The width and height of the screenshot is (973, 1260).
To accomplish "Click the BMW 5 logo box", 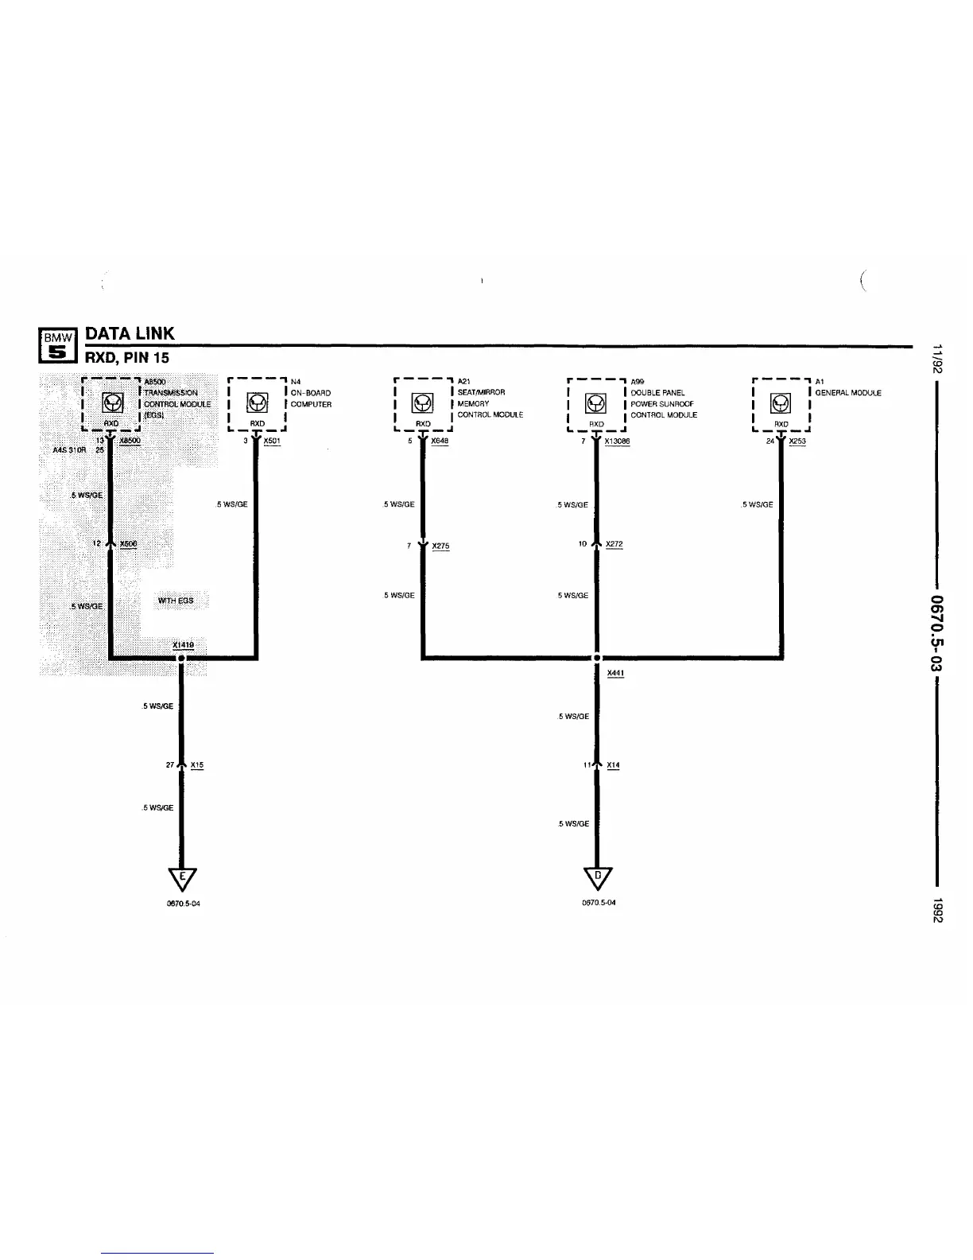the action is coord(56,347).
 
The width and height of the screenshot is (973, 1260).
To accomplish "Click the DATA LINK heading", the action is coord(130,333).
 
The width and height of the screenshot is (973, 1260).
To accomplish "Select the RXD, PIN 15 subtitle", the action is coord(127,358).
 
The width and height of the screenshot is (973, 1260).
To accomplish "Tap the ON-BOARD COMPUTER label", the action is coord(311,399).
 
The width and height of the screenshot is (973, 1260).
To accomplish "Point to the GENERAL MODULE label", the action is coord(848,393).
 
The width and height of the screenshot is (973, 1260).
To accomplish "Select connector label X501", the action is coord(271,441).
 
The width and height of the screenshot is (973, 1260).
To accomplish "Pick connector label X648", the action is coord(440,441).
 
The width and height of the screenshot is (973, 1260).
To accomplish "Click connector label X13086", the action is coord(617,441).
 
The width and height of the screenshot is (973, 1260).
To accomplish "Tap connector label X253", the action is coord(797,441).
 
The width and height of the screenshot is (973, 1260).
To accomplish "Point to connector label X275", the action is coord(440,546).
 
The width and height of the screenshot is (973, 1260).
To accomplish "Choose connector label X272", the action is coord(614,544).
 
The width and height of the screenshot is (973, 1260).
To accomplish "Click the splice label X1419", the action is coord(182,645).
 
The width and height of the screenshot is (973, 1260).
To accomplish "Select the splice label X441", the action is coord(615,673).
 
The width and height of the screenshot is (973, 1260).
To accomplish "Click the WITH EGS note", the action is coord(176,601).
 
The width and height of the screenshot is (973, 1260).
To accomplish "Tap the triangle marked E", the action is coord(182,877).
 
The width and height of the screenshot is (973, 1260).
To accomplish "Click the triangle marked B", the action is coord(597,877).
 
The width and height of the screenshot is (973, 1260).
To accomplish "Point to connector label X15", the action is coord(197,765).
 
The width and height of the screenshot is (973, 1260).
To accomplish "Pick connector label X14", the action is coord(613,765).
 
